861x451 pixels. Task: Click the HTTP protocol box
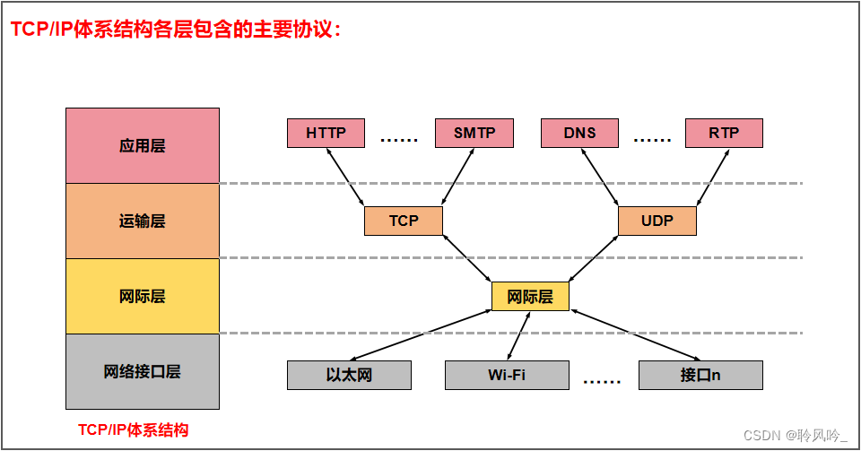[326, 133]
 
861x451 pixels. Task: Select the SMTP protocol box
[474, 133]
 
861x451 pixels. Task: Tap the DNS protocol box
[579, 133]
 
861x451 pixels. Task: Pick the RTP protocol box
[724, 133]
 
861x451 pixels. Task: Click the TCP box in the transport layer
[404, 221]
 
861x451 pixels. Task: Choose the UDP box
[657, 221]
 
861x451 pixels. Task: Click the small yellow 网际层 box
[530, 297]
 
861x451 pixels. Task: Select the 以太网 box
[349, 375]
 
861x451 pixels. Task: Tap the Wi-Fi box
[507, 375]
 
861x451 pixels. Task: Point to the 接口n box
[700, 375]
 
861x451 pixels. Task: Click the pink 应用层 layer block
[143, 145]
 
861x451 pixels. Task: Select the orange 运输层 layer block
[143, 221]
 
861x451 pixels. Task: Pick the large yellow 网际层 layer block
[143, 296]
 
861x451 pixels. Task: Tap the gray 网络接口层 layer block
[143, 371]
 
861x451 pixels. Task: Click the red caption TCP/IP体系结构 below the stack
[134, 429]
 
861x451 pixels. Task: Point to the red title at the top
[176, 30]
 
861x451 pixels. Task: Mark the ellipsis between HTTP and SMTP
[400, 140]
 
